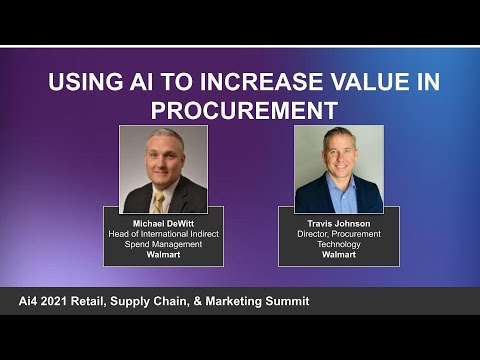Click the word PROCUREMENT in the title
point(240,108)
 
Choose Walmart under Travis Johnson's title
point(339,255)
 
